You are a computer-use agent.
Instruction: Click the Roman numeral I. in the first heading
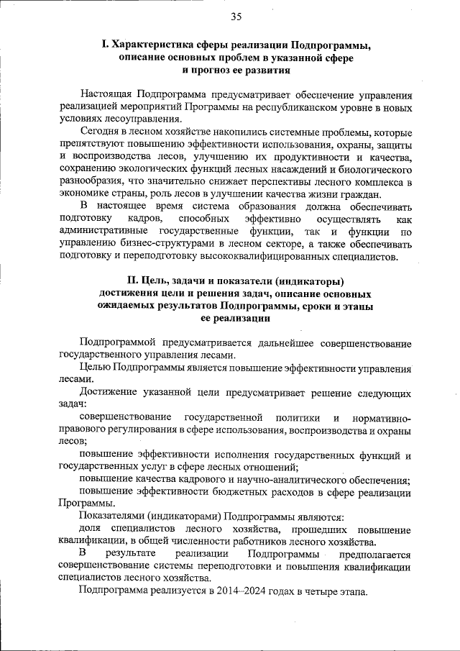click(x=104, y=47)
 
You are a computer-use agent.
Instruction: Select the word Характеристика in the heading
click(x=152, y=47)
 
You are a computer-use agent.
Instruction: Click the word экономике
click(x=86, y=196)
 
